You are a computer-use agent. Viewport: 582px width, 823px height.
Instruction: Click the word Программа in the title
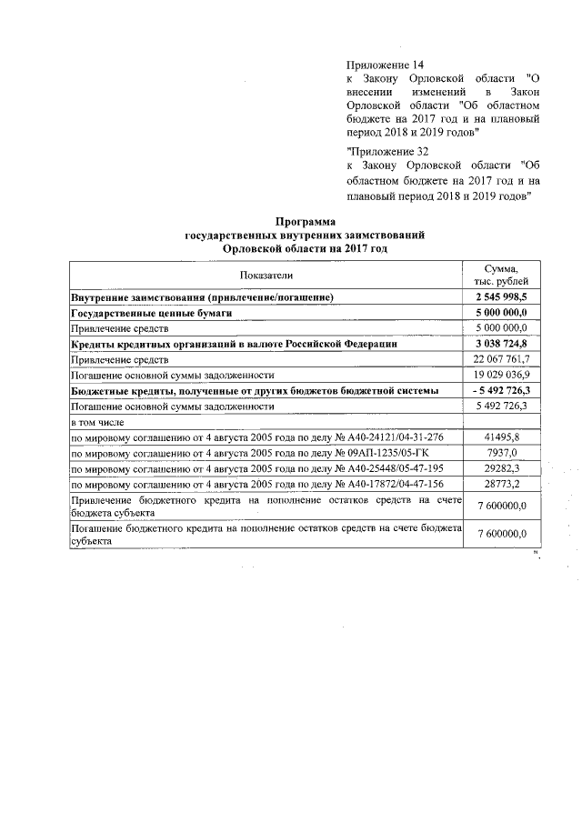305,221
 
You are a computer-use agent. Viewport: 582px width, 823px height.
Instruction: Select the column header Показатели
267,276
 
